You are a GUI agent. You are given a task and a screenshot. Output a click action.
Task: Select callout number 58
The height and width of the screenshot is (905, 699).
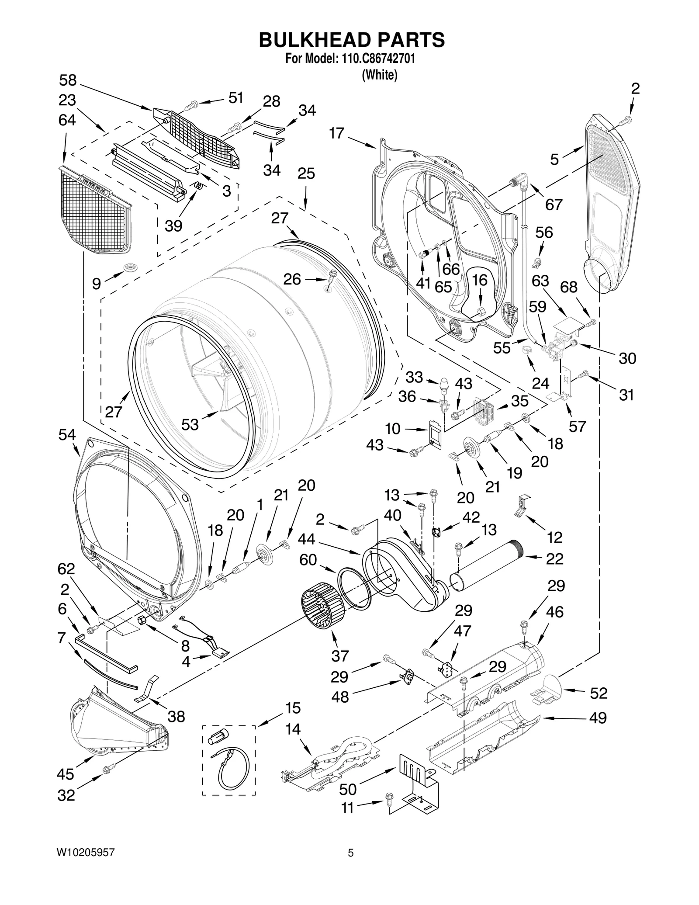point(68,80)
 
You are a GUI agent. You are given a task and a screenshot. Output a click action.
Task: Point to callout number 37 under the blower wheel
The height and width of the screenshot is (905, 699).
point(340,655)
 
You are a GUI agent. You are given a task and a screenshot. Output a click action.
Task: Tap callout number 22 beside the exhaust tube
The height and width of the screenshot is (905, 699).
point(554,558)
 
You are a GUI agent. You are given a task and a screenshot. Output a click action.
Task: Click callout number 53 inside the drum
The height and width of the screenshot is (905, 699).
point(190,424)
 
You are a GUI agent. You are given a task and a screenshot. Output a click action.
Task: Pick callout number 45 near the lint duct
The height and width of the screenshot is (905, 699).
point(66,774)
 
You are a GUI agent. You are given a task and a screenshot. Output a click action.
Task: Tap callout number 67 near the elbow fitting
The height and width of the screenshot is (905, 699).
point(554,204)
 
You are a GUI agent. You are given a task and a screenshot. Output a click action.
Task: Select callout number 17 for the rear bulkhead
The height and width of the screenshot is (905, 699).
point(337,133)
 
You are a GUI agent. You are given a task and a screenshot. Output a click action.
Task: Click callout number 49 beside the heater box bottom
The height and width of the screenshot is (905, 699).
point(598,718)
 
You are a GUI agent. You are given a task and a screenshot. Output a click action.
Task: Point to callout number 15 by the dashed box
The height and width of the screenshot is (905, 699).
point(293,707)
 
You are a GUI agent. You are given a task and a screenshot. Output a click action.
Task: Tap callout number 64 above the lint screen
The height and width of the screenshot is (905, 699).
point(67,120)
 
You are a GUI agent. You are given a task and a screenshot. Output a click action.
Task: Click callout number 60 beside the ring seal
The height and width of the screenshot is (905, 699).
point(308,560)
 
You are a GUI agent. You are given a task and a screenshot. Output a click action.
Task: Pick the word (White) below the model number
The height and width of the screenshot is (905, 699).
point(379,75)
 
